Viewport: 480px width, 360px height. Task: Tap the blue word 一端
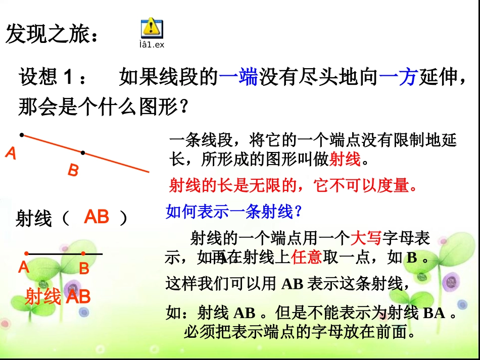[x=238, y=77]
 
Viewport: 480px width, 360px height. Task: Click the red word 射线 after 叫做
[x=345, y=160]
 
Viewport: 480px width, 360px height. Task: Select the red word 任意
[x=307, y=258]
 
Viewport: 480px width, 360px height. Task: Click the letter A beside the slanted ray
[x=11, y=153]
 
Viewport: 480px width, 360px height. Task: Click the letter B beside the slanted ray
[x=73, y=171]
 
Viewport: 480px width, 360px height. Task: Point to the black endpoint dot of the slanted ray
[x=21, y=135]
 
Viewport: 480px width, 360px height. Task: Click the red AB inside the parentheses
[x=97, y=217]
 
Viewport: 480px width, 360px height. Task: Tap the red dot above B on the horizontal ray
[x=83, y=253]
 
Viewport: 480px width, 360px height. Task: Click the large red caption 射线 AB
[x=57, y=296]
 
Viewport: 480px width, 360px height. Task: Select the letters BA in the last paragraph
[x=434, y=314]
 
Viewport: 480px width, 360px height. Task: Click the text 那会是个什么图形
[x=103, y=107]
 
